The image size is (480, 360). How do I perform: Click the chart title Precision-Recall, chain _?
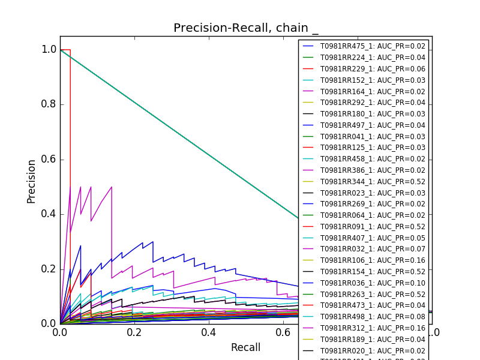(246, 28)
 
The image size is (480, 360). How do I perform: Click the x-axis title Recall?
(245, 347)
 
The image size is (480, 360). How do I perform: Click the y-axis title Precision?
(32, 181)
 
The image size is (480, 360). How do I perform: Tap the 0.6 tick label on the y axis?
(49, 159)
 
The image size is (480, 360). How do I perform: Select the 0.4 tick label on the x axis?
(208, 332)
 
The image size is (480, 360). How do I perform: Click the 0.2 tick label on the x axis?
(134, 332)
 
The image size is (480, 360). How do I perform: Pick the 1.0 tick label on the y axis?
(49, 50)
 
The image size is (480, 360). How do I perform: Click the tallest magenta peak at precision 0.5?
(112, 187)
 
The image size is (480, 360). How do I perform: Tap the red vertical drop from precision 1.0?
(70, 120)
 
